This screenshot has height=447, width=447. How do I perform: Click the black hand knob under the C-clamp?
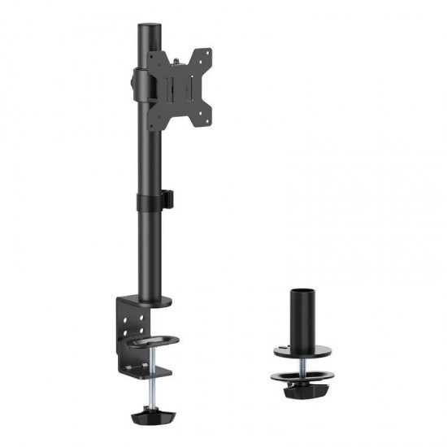tap(151, 416)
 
